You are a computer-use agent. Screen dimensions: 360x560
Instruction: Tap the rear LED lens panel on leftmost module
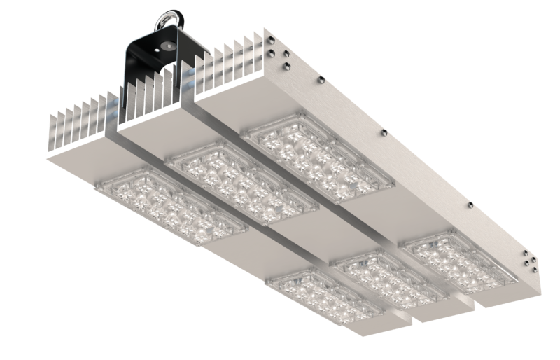(170, 203)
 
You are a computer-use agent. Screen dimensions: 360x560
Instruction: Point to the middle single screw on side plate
(382, 132)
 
